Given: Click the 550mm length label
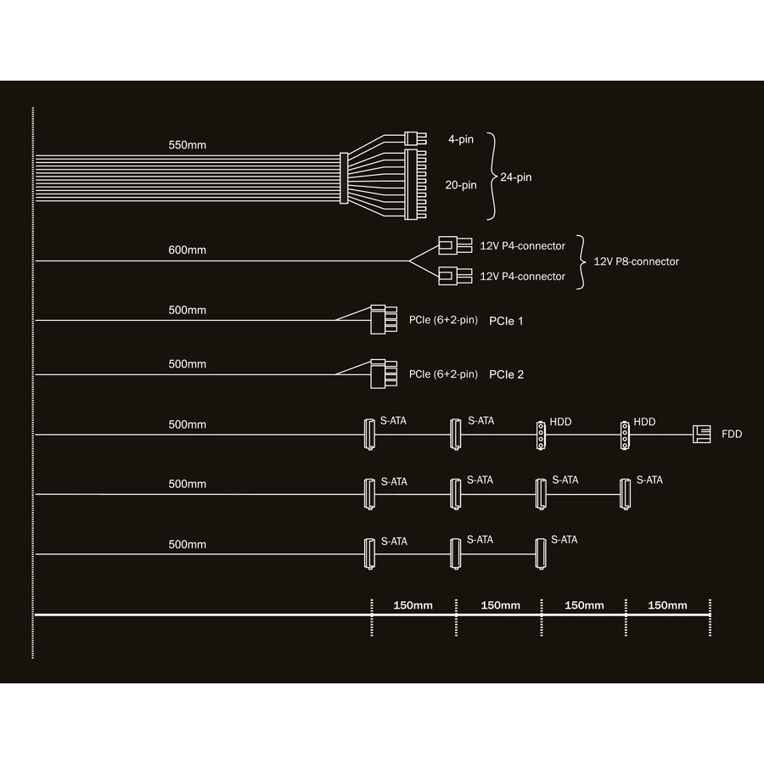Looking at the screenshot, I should coord(187,145).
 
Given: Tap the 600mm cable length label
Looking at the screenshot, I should coord(187,250).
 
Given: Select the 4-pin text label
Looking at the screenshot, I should coord(461,138).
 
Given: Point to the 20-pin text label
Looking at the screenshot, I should coord(461,183).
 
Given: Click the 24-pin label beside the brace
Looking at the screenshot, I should coord(516,177).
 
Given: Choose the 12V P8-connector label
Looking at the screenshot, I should coord(636,261).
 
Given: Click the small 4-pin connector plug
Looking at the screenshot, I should coord(413,138).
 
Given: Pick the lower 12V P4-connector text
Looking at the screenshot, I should coord(522,276).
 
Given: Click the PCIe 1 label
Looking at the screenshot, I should coord(506,321).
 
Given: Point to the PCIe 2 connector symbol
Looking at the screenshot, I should coord(383,374).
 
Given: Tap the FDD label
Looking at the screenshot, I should coord(732,434).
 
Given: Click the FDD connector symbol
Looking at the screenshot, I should coord(702,434).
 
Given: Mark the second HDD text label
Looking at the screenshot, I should coord(644,421).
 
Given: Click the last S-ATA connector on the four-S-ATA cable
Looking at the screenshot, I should coord(625,493).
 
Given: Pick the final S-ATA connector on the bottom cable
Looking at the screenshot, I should coord(540,553).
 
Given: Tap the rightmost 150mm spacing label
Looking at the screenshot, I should coord(667,605).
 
